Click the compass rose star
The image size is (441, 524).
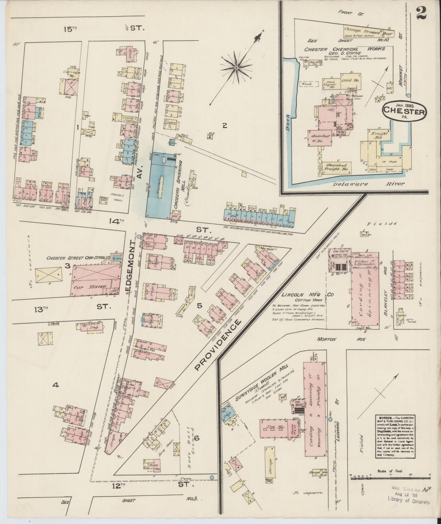[236, 67]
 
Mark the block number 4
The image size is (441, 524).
[55, 386]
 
